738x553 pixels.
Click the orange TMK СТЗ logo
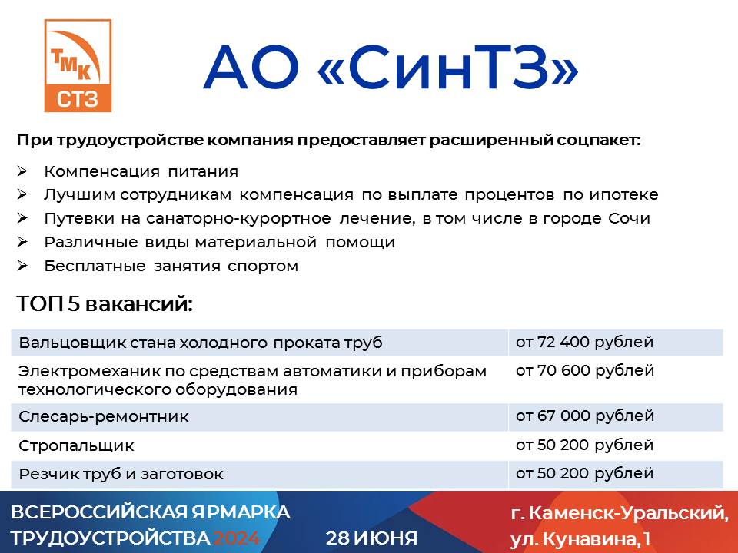(x=78, y=66)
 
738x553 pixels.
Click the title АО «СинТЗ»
(x=391, y=67)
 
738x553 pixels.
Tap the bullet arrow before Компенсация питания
(x=22, y=171)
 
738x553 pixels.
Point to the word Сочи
(x=630, y=218)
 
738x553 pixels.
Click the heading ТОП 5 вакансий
(x=105, y=304)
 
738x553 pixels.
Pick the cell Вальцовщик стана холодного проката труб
(x=201, y=343)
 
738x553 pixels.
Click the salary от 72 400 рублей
(x=584, y=342)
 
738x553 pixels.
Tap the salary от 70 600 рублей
(x=585, y=370)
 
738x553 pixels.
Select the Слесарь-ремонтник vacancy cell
(x=104, y=416)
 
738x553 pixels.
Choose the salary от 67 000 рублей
(x=585, y=416)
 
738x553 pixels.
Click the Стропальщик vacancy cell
(x=76, y=445)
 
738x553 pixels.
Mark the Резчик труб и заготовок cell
(x=121, y=474)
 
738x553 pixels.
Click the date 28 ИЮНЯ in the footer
(x=371, y=538)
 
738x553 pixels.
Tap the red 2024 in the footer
(x=236, y=538)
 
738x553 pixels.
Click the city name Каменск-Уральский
(x=628, y=513)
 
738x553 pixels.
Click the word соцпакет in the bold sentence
(x=599, y=140)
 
